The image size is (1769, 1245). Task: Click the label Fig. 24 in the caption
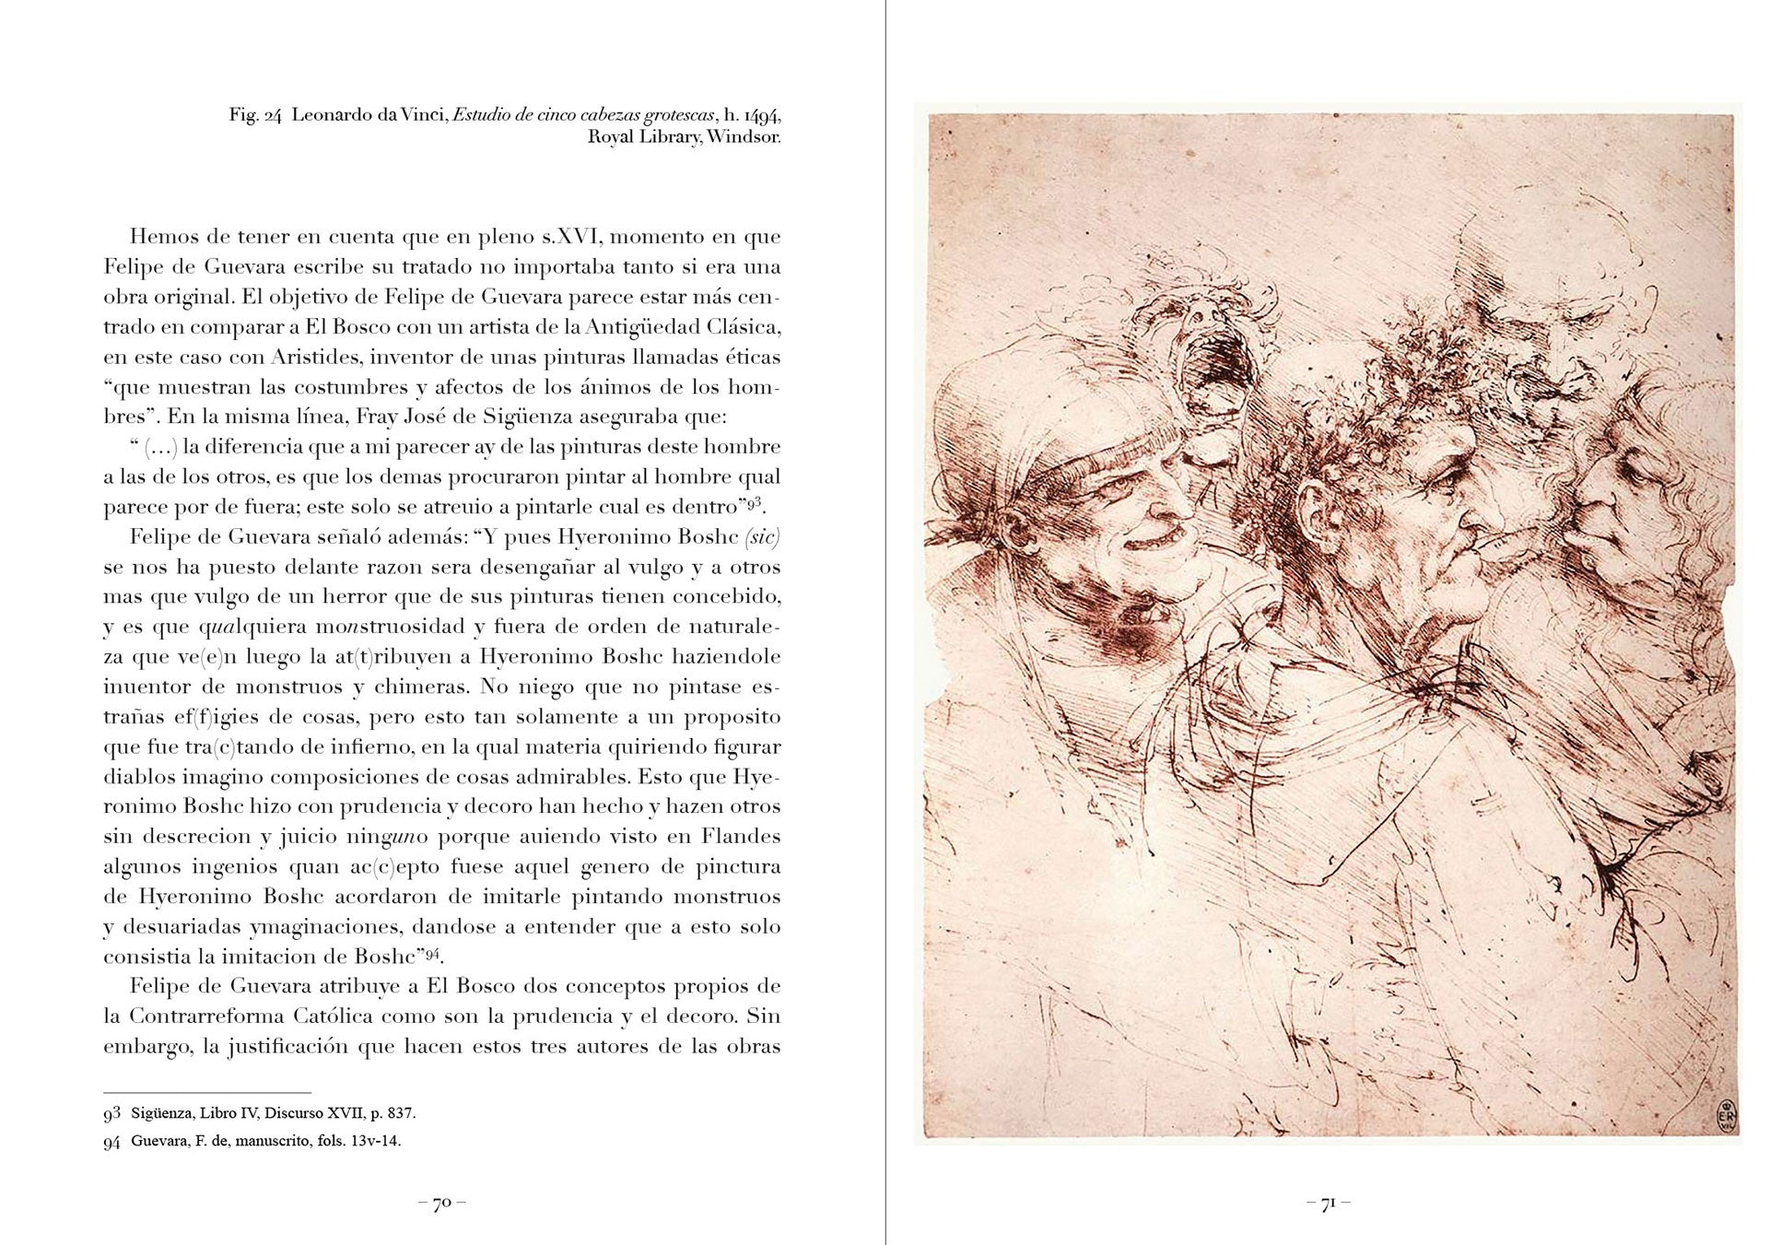(254, 116)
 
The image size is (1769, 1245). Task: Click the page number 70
(441, 1203)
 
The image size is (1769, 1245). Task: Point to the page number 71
(1328, 1203)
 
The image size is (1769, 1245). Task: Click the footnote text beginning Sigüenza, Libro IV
(273, 1113)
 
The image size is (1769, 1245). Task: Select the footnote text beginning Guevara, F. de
(265, 1141)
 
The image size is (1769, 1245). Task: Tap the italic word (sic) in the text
(761, 536)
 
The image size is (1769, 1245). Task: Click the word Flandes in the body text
(740, 837)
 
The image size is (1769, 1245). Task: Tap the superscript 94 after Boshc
(433, 954)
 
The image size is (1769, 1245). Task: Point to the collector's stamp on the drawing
(1725, 1116)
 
